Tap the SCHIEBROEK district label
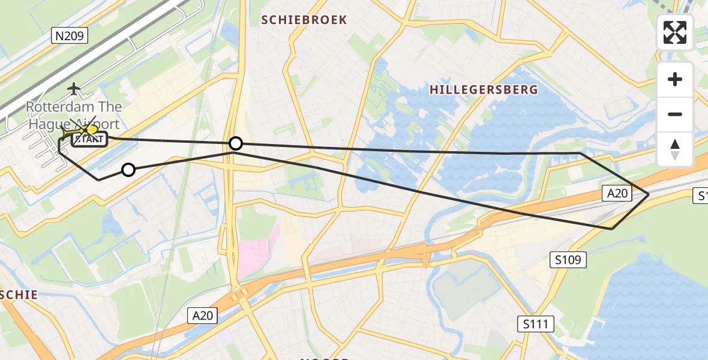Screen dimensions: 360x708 coord(304,20)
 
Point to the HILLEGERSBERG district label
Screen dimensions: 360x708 coord(484,90)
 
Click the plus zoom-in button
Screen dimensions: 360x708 coord(675,80)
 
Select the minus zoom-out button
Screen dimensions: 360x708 coord(675,115)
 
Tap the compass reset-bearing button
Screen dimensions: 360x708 coord(675,149)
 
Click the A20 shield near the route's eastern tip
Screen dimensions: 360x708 coord(617,193)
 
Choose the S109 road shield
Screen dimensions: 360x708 coord(568,260)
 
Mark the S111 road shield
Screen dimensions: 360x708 coord(535,325)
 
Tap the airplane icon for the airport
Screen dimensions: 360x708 coord(74,89)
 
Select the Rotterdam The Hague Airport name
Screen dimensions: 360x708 coord(73,115)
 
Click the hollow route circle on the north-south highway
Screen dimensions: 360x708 coord(236,143)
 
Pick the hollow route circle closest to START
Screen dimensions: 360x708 coord(128,170)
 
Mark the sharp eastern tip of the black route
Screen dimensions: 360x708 coord(649,194)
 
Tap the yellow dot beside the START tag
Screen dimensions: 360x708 coord(92,129)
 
